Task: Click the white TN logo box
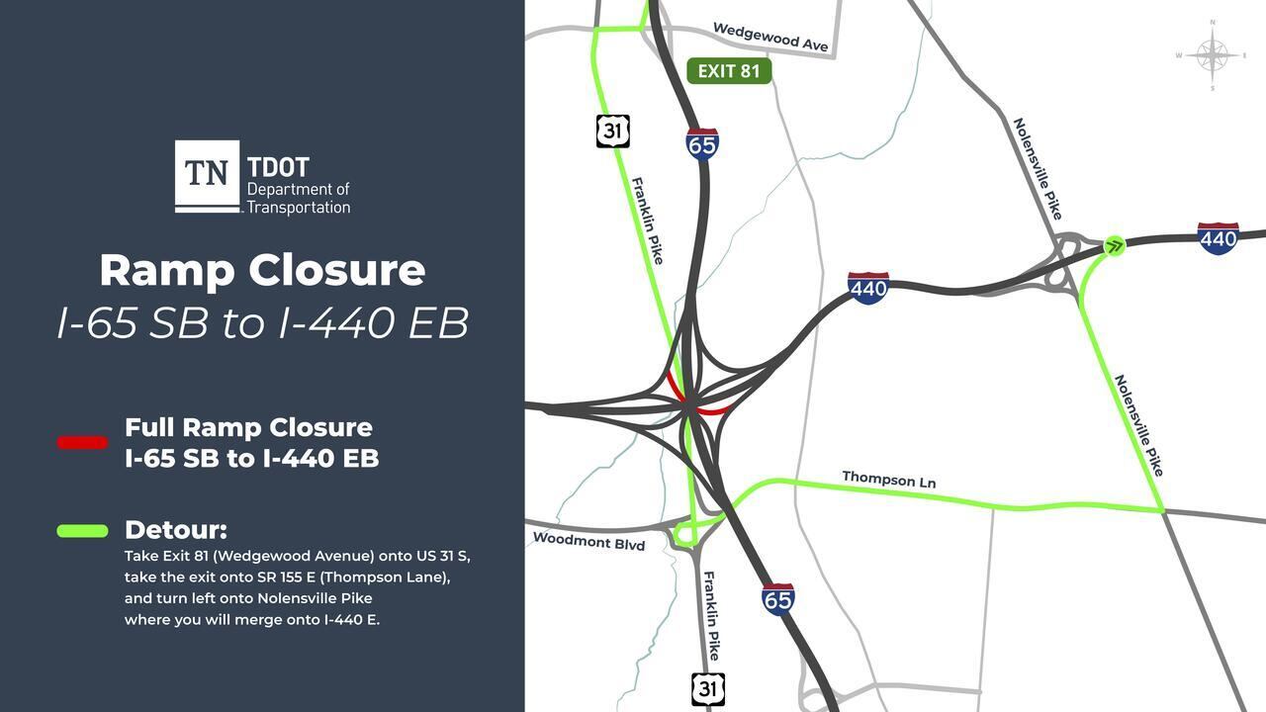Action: (207, 174)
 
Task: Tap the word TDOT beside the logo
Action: (278, 168)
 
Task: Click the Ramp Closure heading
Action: (262, 271)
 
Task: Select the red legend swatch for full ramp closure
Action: (82, 443)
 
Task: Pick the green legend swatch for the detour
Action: (82, 531)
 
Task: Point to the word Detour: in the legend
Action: (175, 529)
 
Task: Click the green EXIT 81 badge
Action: (729, 71)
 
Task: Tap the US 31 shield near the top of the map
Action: (613, 131)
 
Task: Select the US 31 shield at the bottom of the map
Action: (708, 688)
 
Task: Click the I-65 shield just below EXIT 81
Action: (702, 144)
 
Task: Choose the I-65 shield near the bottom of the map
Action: (778, 598)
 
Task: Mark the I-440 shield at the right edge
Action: (1218, 238)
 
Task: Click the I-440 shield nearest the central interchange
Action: (868, 288)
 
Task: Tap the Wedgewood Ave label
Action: (770, 38)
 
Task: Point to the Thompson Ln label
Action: (888, 480)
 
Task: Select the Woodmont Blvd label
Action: (588, 542)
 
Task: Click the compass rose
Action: (1213, 55)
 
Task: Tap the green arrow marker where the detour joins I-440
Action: (1114, 246)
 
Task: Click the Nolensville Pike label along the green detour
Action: (1139, 425)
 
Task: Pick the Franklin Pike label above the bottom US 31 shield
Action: (711, 615)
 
